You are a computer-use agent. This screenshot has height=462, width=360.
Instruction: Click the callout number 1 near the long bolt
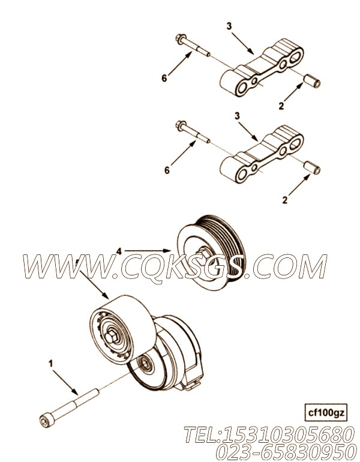(50, 364)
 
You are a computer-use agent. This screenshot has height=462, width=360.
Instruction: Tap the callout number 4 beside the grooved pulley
(119, 251)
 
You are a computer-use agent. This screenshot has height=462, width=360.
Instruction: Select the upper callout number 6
(164, 78)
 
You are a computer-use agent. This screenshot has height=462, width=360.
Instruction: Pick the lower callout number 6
(167, 170)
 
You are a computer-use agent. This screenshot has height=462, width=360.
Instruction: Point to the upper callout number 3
(229, 26)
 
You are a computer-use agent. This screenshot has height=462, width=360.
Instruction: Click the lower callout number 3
(237, 116)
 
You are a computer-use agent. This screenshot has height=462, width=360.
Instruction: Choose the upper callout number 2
(281, 106)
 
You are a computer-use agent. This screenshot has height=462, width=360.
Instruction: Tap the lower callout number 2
(284, 200)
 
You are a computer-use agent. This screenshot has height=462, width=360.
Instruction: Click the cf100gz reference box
(325, 413)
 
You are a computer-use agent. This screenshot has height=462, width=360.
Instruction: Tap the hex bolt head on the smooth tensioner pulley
(112, 338)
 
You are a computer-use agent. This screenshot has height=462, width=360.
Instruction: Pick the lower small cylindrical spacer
(312, 167)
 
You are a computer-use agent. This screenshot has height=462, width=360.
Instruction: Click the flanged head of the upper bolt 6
(180, 38)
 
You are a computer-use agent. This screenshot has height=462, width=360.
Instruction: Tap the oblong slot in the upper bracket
(295, 56)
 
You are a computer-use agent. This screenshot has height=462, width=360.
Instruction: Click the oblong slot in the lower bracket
(295, 143)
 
